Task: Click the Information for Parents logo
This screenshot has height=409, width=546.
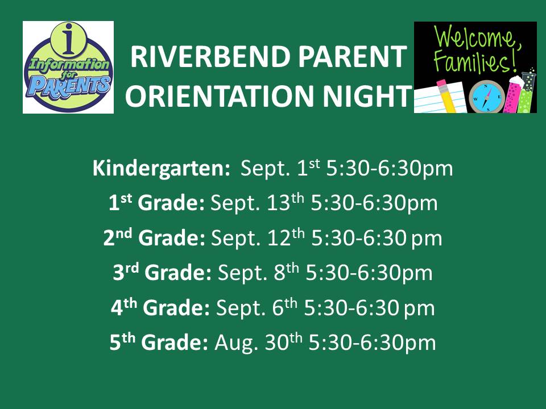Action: (68, 67)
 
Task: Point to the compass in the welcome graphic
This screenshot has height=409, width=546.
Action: (487, 97)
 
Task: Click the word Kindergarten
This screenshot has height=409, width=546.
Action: (161, 168)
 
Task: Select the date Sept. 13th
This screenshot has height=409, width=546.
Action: (257, 203)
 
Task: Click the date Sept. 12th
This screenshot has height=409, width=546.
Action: (258, 238)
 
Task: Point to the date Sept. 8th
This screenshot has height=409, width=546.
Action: (258, 272)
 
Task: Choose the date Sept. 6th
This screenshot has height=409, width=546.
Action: (257, 307)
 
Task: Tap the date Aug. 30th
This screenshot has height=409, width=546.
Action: (258, 342)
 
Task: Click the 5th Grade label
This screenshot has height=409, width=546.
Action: (159, 342)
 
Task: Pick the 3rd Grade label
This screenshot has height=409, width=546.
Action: (162, 272)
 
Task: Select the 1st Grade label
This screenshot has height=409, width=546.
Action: (157, 203)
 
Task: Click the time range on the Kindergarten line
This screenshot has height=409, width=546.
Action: (390, 168)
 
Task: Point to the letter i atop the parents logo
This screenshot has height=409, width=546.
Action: (69, 39)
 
